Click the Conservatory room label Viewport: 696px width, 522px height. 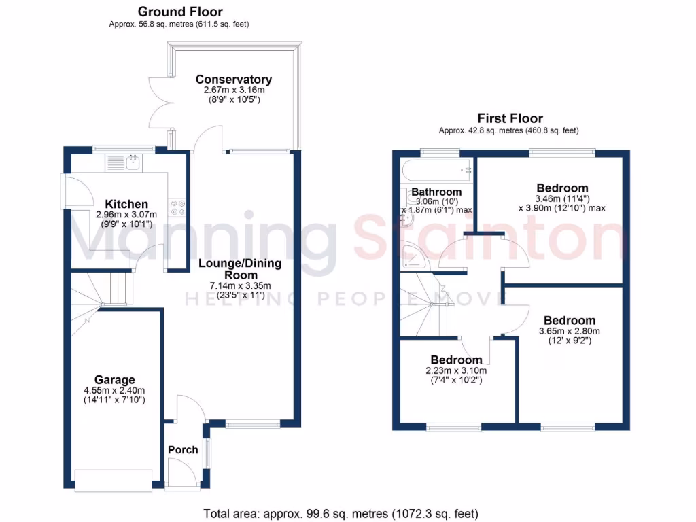coord(233,80)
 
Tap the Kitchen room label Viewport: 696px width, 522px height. coord(126,204)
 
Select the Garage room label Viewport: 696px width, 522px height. coord(114,380)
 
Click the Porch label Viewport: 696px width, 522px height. coord(183,449)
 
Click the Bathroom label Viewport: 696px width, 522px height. coord(436,192)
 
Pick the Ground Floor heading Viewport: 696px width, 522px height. coord(180,12)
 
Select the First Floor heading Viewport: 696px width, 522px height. coord(510,118)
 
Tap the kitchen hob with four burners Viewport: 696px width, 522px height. coord(177,207)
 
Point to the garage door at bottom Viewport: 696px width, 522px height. coord(114,480)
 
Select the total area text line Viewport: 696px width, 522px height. coord(341,513)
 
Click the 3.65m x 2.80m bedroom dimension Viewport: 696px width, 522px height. coord(569,331)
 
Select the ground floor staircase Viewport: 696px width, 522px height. coord(102,292)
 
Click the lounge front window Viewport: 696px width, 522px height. coord(253,425)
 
